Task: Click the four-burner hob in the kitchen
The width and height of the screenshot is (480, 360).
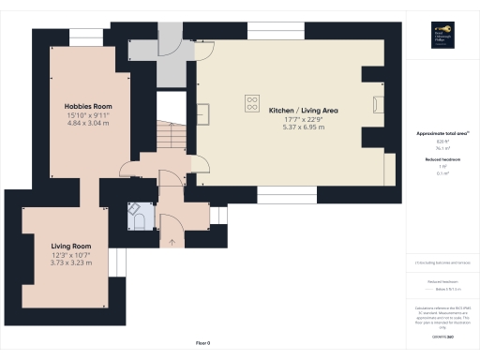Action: pos(252,102)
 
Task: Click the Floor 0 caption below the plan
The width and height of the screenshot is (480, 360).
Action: pos(202,343)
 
